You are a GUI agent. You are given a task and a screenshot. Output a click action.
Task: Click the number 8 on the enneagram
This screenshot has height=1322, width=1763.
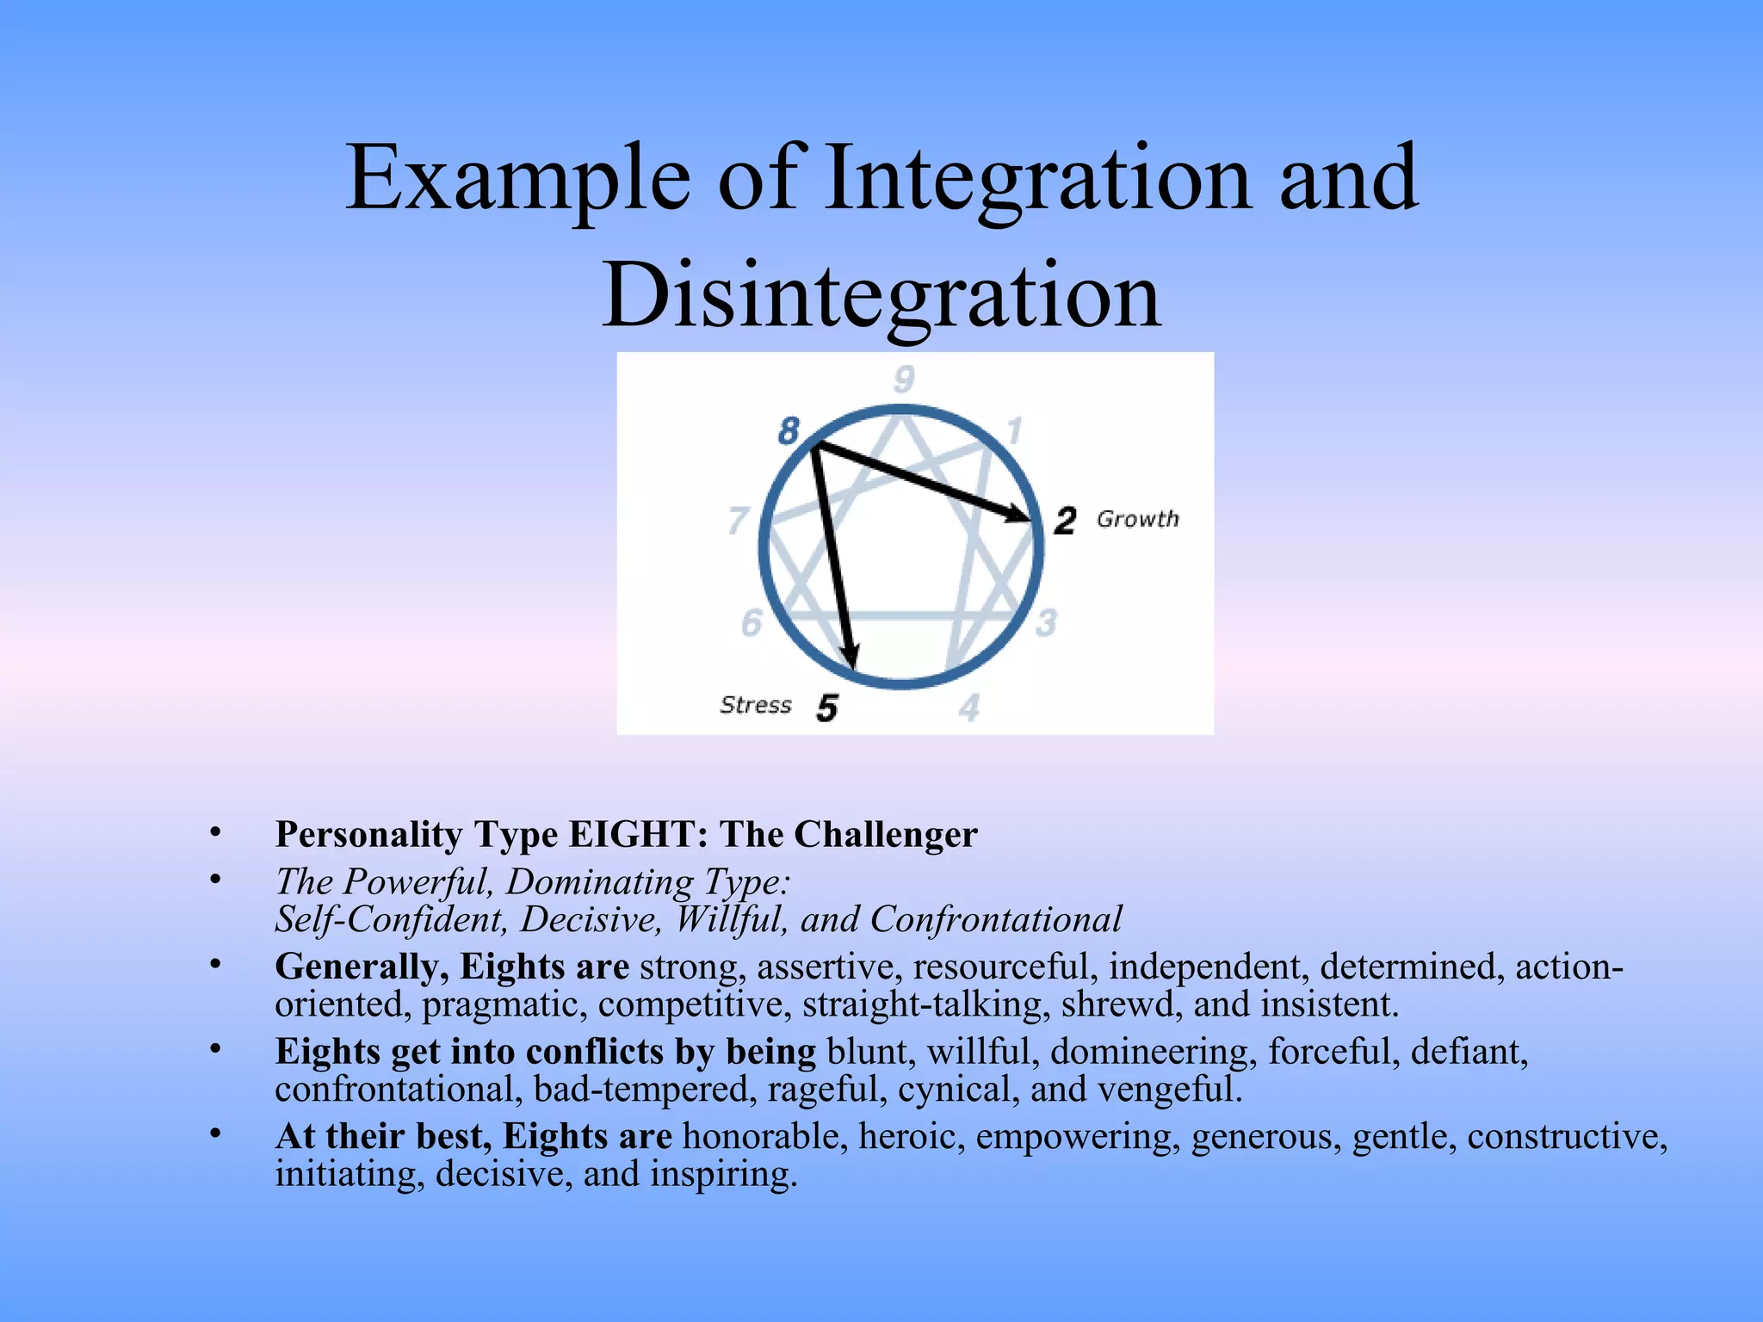coord(789,430)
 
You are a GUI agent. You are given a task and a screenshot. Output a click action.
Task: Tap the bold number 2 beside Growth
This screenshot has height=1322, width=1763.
coord(1065,520)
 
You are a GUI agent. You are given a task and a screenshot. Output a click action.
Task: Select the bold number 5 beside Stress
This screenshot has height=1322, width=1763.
coord(826,707)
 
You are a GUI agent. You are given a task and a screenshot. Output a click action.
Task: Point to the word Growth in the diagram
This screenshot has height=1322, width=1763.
coord(1137,519)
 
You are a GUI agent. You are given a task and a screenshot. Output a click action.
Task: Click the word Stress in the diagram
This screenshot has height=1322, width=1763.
coord(755,705)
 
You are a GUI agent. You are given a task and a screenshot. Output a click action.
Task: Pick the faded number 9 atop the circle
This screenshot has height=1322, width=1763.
coord(903,379)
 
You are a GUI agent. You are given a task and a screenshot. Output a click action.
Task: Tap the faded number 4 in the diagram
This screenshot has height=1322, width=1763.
coord(969,708)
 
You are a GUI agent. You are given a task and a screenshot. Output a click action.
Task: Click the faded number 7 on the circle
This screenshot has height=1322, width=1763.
coord(738,520)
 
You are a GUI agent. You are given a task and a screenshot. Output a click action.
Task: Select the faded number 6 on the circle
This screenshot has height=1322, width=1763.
coord(752,622)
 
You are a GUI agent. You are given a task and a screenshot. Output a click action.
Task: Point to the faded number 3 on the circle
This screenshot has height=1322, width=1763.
coord(1046,622)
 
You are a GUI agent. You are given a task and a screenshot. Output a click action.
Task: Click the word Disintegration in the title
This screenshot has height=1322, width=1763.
coord(881,295)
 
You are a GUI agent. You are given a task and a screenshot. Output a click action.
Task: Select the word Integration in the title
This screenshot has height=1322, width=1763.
coord(1037,178)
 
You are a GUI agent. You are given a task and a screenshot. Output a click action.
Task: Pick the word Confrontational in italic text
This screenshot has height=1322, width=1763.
coord(996,919)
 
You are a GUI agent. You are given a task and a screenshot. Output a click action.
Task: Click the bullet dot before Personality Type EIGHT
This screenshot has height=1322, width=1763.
coord(215,832)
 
